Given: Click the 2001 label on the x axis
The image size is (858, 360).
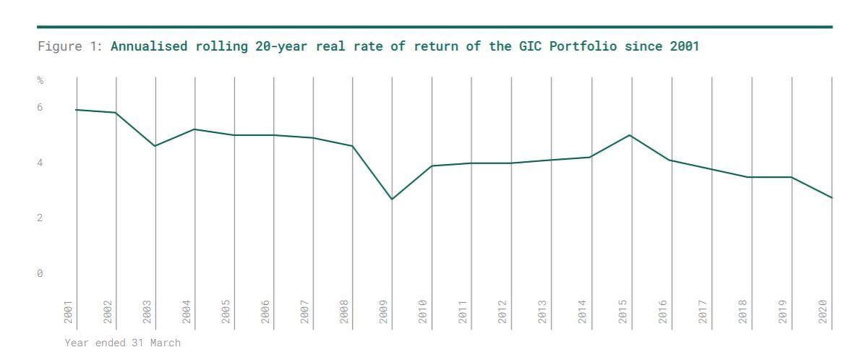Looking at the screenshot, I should pyautogui.click(x=68, y=312).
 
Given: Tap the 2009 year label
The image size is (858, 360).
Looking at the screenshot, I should pyautogui.click(x=384, y=312).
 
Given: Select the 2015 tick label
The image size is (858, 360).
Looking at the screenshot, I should pyautogui.click(x=622, y=312).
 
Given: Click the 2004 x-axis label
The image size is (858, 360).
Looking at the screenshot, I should pyautogui.click(x=186, y=312).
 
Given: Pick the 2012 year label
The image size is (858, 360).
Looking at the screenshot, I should pyautogui.click(x=502, y=312).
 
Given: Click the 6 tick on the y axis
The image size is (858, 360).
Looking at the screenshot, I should pyautogui.click(x=40, y=108).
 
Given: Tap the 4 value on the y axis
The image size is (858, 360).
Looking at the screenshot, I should pyautogui.click(x=40, y=163).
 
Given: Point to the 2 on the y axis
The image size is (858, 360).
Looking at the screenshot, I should pyautogui.click(x=40, y=218).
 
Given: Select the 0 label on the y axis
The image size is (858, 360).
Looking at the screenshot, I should pyautogui.click(x=40, y=274).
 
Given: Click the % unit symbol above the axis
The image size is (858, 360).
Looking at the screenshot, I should pyautogui.click(x=40, y=80).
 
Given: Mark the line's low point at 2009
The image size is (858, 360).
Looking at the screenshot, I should pyautogui.click(x=392, y=200).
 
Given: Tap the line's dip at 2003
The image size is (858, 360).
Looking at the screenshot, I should pyautogui.click(x=155, y=146).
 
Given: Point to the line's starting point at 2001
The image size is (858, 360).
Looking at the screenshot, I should pyautogui.click(x=76, y=110).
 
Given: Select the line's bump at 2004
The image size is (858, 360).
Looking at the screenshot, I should pyautogui.click(x=194, y=129).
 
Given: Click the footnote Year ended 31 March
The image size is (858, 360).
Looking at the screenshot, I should pyautogui.click(x=123, y=343).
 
